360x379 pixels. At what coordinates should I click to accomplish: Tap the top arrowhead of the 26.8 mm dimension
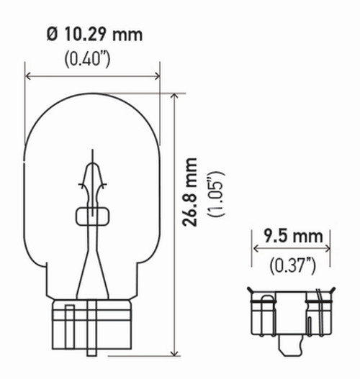click(174, 96)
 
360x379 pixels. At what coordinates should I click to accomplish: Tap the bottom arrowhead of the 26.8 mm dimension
click(174, 353)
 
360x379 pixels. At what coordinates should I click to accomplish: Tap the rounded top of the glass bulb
click(91, 93)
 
